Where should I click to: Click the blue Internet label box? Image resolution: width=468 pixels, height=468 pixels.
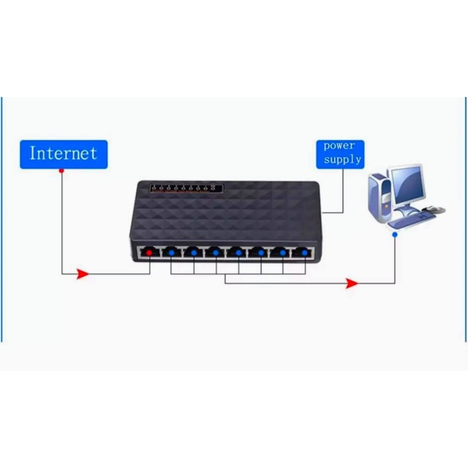pyautogui.click(x=64, y=154)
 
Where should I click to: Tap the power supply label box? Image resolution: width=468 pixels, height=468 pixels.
pyautogui.click(x=340, y=154)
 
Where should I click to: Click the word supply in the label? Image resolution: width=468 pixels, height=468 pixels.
pyautogui.click(x=342, y=160)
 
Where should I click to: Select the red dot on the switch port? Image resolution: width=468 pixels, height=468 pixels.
pyautogui.click(x=149, y=252)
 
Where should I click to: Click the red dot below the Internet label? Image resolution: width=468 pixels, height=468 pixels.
pyautogui.click(x=61, y=170)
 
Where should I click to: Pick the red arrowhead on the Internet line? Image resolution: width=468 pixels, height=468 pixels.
pyautogui.click(x=82, y=274)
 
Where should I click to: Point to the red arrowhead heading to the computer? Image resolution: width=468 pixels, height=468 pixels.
pyautogui.click(x=351, y=283)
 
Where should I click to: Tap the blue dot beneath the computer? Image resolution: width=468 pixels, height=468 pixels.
pyautogui.click(x=395, y=234)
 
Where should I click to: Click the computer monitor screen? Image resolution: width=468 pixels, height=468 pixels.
pyautogui.click(x=406, y=185)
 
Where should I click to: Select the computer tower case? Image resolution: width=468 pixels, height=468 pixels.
pyautogui.click(x=379, y=197)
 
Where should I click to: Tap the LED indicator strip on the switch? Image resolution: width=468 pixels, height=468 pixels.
pyautogui.click(x=186, y=188)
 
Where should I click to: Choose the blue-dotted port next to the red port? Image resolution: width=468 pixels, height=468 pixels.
pyautogui.click(x=171, y=252)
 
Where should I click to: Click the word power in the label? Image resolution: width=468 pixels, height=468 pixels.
pyautogui.click(x=339, y=146)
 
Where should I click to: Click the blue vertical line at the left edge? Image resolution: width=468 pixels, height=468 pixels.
pyautogui.click(x=2, y=219)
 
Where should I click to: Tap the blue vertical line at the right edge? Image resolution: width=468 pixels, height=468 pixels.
pyautogui.click(x=466, y=219)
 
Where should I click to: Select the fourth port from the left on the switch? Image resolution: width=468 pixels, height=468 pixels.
pyautogui.click(x=215, y=252)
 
